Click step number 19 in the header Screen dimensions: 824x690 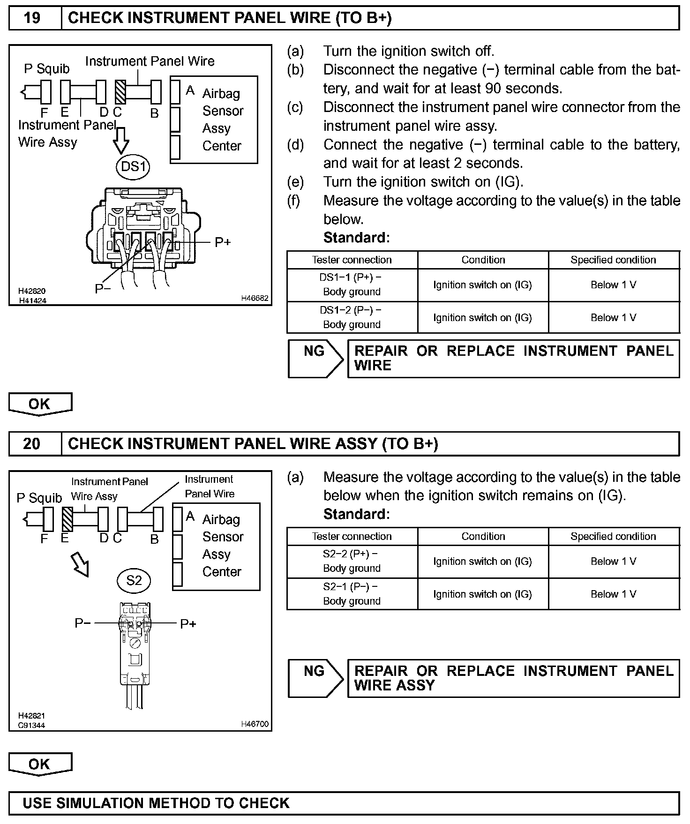tap(32, 18)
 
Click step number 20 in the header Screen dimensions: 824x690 tap(32, 443)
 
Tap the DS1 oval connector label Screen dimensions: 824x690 tap(133, 166)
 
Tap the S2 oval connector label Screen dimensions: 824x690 tap(134, 581)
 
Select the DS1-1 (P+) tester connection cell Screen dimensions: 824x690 tap(352, 285)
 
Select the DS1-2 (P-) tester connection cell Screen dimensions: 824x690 tap(352, 317)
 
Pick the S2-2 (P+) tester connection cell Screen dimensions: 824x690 tap(352, 561)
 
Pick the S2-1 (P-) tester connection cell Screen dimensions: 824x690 tap(352, 594)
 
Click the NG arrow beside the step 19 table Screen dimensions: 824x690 tap(315, 359)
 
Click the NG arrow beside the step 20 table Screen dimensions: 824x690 tap(315, 678)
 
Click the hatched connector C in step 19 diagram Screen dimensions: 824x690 tap(120, 92)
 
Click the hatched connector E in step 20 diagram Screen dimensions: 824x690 tap(67, 519)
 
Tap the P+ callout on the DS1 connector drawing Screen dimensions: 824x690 tap(223, 242)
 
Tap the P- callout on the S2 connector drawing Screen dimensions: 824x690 tap(82, 623)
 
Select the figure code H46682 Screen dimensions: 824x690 tap(255, 298)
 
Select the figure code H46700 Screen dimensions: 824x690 tap(255, 724)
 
